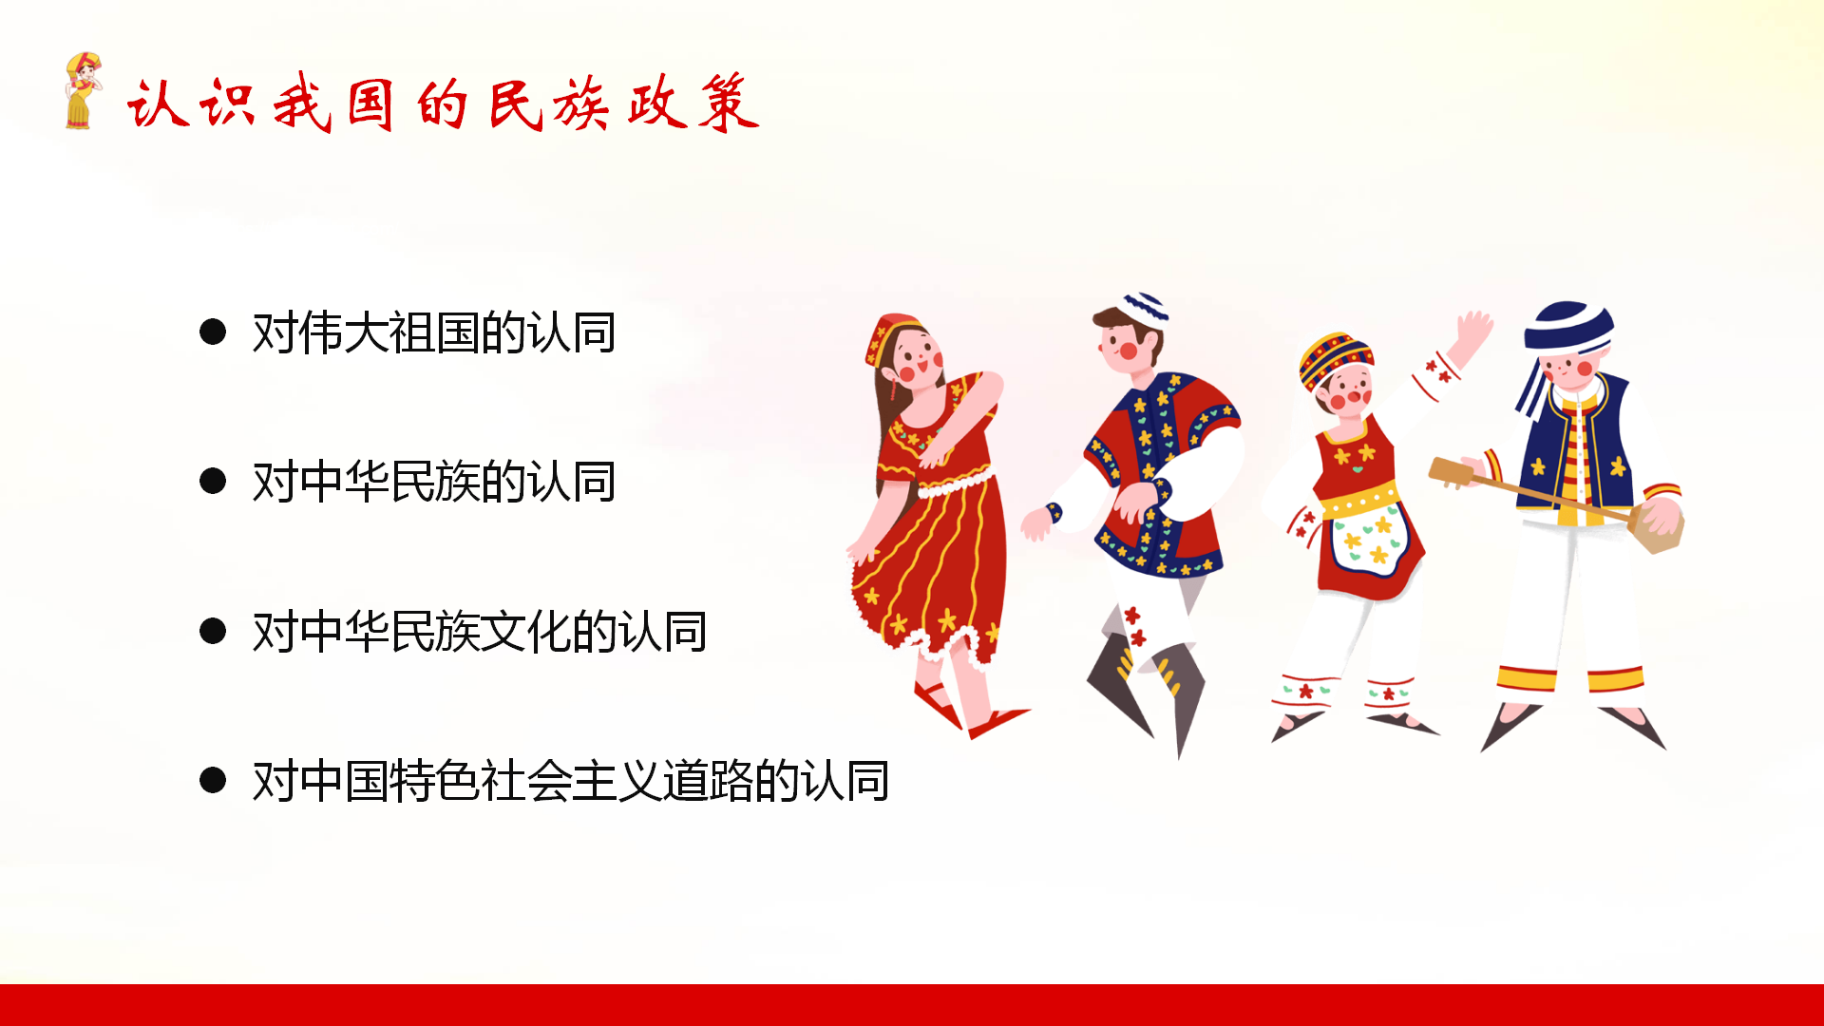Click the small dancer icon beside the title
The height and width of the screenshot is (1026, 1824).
coord(83,90)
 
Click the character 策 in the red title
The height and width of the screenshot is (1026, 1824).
coord(729,103)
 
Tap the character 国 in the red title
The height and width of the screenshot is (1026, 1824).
coord(370,104)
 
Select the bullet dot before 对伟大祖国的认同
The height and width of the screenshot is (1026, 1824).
coord(213,332)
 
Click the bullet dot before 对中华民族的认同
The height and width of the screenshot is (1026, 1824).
coord(213,481)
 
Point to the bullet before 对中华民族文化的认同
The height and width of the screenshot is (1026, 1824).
coord(213,631)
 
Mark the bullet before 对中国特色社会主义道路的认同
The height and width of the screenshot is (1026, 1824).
coord(213,780)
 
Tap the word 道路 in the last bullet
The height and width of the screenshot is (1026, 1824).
coord(708,781)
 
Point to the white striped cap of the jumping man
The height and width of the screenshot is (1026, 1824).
coord(1144,308)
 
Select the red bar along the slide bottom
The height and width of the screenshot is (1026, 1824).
coord(912,1005)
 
